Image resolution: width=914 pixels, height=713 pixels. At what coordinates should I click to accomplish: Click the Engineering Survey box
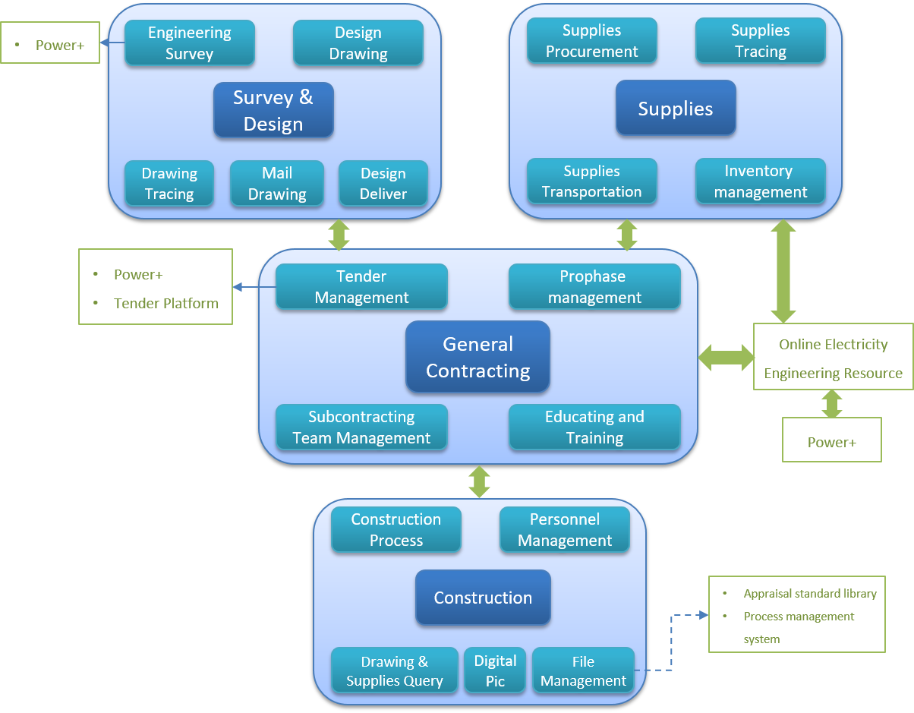click(x=190, y=43)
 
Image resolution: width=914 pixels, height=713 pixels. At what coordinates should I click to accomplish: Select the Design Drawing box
click(x=358, y=43)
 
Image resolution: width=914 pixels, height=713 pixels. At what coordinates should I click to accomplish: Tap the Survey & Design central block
click(x=273, y=110)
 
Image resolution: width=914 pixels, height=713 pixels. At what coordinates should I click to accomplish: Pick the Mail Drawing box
click(x=277, y=184)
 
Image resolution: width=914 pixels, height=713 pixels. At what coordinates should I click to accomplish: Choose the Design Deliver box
click(x=383, y=184)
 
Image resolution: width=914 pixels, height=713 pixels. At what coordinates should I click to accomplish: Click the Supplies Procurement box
click(x=592, y=41)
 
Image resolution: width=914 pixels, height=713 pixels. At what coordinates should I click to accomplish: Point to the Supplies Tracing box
click(x=761, y=41)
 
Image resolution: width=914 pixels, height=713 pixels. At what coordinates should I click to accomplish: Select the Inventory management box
click(x=761, y=181)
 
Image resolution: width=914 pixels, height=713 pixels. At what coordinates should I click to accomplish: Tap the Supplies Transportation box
click(x=592, y=181)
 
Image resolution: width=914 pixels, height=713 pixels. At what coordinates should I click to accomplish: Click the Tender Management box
click(x=361, y=287)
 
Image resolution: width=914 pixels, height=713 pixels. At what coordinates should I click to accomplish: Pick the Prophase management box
click(x=594, y=287)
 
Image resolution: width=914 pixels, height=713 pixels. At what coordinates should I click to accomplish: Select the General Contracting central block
click(x=478, y=357)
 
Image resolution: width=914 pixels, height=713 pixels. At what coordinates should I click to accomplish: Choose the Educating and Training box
click(x=594, y=427)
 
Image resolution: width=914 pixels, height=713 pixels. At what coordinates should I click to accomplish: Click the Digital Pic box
click(x=495, y=670)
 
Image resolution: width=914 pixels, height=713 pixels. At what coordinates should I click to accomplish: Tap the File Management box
click(x=583, y=670)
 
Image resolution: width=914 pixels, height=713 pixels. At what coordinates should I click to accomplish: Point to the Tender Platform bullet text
click(x=165, y=304)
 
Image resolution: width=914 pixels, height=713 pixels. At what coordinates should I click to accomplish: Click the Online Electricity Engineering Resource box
click(x=833, y=358)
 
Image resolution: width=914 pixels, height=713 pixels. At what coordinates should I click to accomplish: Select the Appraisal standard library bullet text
click(x=810, y=594)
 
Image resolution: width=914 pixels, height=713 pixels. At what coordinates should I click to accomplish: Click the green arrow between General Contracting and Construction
click(x=479, y=481)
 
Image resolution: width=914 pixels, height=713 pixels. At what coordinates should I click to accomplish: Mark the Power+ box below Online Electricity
click(x=832, y=442)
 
